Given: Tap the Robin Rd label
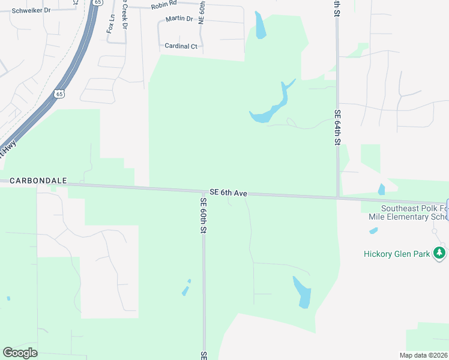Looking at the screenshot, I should click(x=164, y=5).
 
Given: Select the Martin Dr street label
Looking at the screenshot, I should click(x=181, y=19).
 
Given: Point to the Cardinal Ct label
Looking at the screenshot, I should click(x=181, y=46).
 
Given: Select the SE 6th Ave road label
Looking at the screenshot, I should click(x=229, y=193).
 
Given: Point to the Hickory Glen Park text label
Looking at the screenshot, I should click(x=397, y=254).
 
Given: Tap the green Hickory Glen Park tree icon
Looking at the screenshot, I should click(x=440, y=253).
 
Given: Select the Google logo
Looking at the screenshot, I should click(x=20, y=353).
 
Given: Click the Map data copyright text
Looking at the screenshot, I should click(x=423, y=355).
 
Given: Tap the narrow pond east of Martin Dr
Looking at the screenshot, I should click(x=261, y=26).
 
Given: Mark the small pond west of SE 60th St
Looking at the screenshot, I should click(x=186, y=289).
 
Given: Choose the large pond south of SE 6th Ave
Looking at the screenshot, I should click(x=303, y=292).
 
